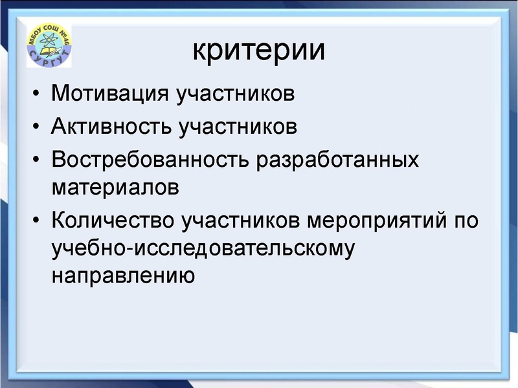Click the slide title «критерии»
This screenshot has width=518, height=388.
258,50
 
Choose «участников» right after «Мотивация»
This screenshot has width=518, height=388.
236,94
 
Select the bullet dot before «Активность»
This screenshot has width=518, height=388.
36,127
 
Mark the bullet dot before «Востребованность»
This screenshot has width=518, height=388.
36,159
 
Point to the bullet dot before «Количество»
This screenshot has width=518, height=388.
36,221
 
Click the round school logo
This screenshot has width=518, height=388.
49,47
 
